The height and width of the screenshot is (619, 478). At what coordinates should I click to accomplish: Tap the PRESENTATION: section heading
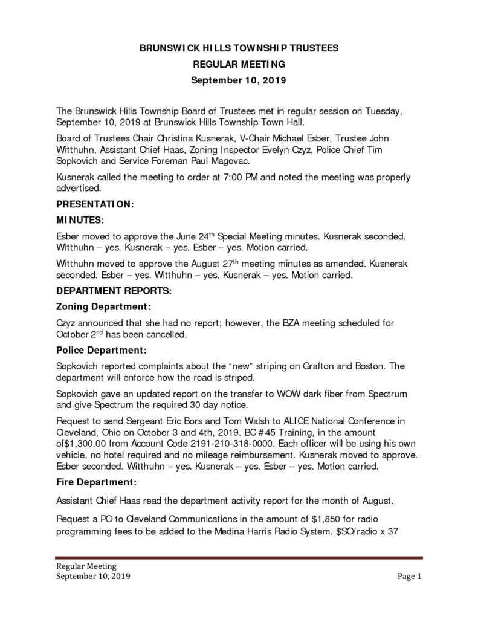pyautogui.click(x=95, y=205)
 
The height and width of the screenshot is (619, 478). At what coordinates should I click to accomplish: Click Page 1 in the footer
pyautogui.click(x=409, y=577)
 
